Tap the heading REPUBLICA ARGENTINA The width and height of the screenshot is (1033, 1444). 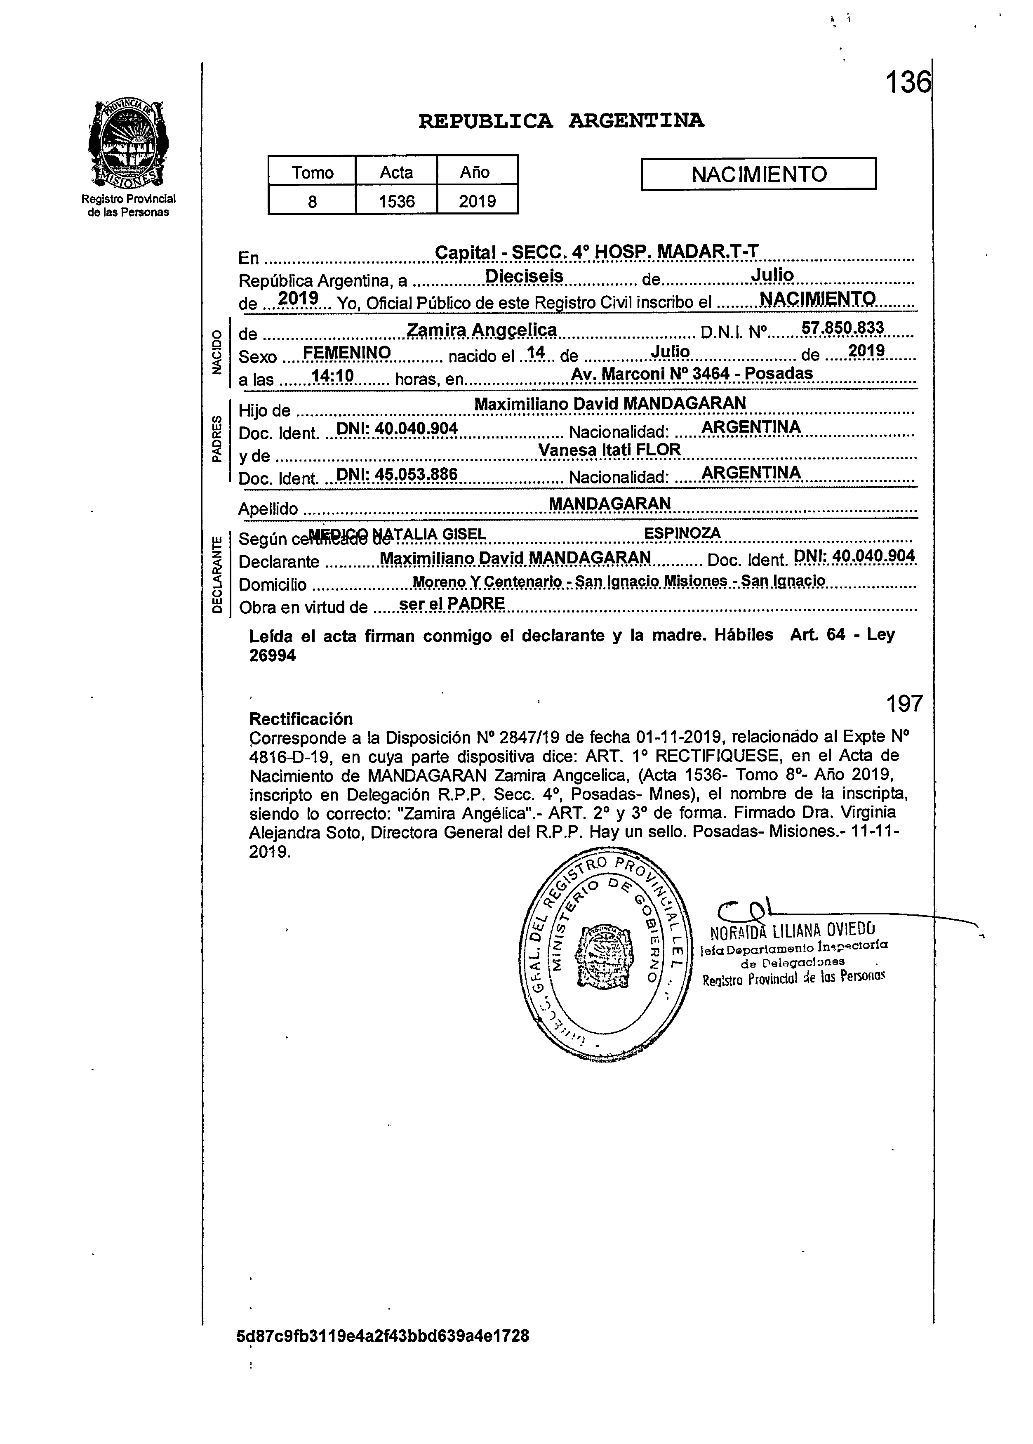click(560, 121)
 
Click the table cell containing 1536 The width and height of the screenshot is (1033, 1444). click(396, 202)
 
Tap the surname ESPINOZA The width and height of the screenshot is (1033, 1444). click(682, 533)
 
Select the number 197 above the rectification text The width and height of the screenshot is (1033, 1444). click(904, 704)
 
